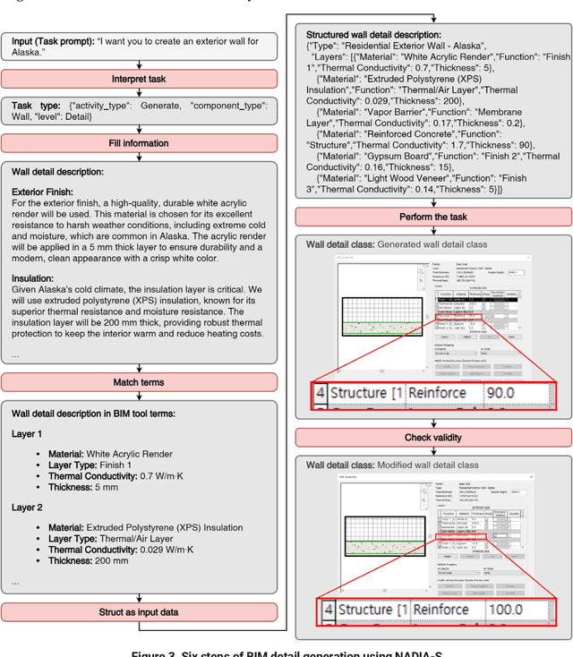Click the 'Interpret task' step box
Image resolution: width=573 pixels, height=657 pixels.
pos(140,79)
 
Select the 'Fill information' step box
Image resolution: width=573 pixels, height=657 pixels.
pos(140,143)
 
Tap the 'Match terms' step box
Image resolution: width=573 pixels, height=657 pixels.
pos(140,382)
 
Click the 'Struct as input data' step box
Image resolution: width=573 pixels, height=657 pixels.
pos(140,612)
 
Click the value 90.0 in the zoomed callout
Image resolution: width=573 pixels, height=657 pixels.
pos(508,392)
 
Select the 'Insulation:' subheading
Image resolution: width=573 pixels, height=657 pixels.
pos(38,277)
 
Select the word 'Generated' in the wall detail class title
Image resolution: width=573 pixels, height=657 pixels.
pos(404,244)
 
